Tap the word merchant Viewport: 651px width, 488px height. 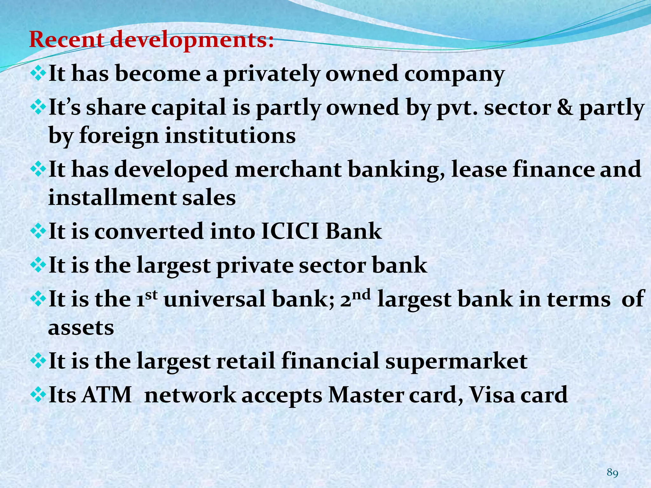288,169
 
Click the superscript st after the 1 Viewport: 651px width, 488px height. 153,295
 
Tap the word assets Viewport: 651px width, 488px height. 81,328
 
